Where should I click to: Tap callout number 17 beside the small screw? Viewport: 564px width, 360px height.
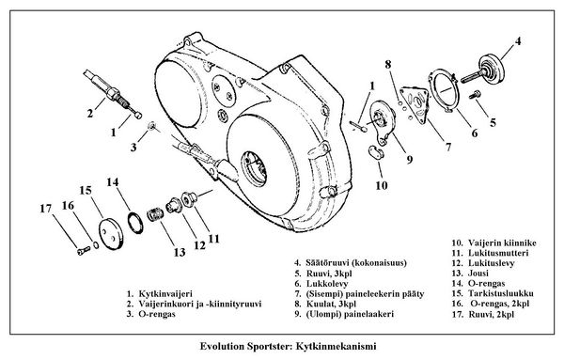pos(45,207)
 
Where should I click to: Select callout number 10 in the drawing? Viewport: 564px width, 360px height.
pos(380,185)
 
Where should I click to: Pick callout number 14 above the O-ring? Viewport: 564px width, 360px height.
pos(112,181)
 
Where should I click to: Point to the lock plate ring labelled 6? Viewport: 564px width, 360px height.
pos(442,96)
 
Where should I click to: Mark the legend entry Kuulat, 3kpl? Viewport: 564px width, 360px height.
pos(329,304)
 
